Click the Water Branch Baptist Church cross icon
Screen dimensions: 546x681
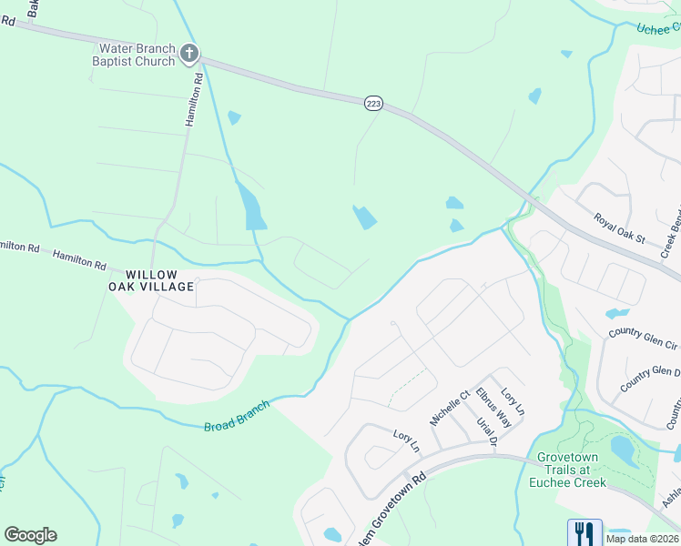click(189, 53)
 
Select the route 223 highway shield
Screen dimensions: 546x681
click(373, 104)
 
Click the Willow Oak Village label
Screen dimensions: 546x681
click(159, 280)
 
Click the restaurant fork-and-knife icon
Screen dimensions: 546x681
click(584, 532)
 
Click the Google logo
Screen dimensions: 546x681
click(30, 535)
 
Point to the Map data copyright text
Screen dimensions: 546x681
click(643, 539)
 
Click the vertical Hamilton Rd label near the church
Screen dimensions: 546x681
click(192, 99)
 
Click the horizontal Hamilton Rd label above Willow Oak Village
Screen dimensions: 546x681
click(79, 259)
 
